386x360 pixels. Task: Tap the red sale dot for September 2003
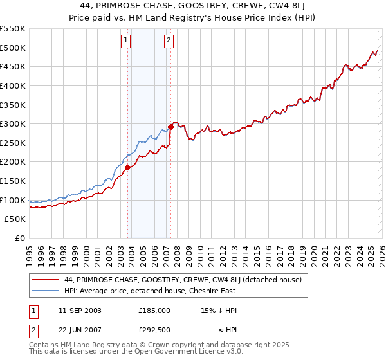128,167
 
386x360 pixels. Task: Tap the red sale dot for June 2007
170,127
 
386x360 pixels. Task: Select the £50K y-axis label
15,219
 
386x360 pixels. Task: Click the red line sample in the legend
46,280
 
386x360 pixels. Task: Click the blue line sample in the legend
46,291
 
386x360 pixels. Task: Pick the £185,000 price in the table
154,310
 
